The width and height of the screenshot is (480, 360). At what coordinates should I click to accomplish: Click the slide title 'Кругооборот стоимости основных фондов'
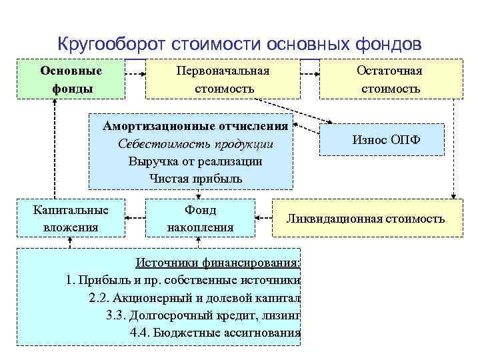point(239,44)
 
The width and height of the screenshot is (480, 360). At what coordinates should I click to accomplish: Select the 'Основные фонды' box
point(71,79)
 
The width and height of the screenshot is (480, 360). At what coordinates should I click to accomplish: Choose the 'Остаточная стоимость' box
point(391,79)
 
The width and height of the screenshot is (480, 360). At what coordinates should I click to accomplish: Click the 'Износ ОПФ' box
point(381,139)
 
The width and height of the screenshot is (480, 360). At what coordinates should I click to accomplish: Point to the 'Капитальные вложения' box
point(71,218)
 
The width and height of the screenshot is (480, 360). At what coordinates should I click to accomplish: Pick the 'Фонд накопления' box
point(200,218)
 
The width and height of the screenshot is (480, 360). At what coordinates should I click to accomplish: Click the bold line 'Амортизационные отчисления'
point(195,126)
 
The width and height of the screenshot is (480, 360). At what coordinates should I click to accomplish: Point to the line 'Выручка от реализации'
point(195,161)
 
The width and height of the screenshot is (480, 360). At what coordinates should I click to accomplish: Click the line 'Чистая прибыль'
point(195,179)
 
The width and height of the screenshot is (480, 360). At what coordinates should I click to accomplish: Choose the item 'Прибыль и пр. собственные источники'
point(184,280)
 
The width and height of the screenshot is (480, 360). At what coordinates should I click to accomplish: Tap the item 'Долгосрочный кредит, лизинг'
point(203,315)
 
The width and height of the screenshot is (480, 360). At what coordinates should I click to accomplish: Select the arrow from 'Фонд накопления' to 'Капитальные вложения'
point(137,217)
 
